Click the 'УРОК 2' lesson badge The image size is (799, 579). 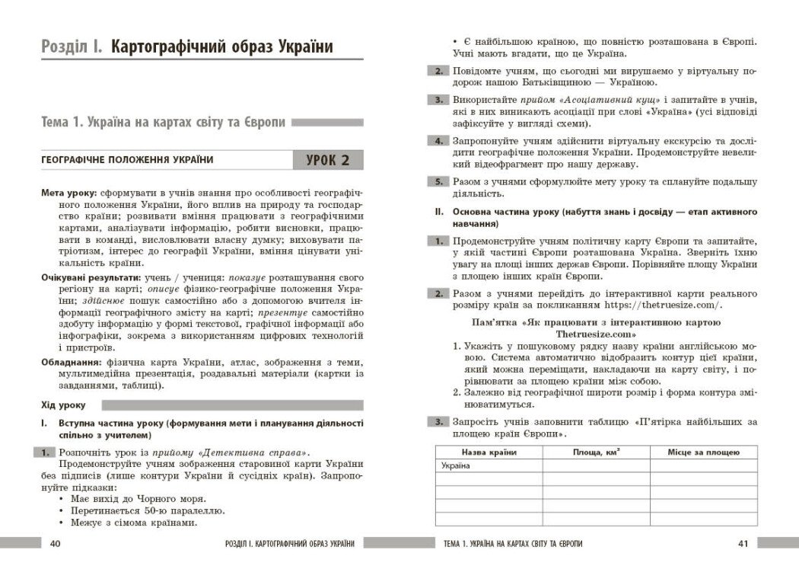328,160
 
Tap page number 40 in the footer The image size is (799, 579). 55,543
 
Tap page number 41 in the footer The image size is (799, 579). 744,543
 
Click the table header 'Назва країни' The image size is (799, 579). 489,453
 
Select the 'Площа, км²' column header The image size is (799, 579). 596,453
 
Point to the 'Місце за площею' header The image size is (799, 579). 703,453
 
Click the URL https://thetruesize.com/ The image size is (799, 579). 661,305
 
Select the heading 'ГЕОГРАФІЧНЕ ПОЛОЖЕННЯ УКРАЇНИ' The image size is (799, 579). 127,160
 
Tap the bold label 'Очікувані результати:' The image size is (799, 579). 91,278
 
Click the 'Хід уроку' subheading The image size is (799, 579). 63,405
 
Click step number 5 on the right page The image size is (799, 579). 438,182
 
